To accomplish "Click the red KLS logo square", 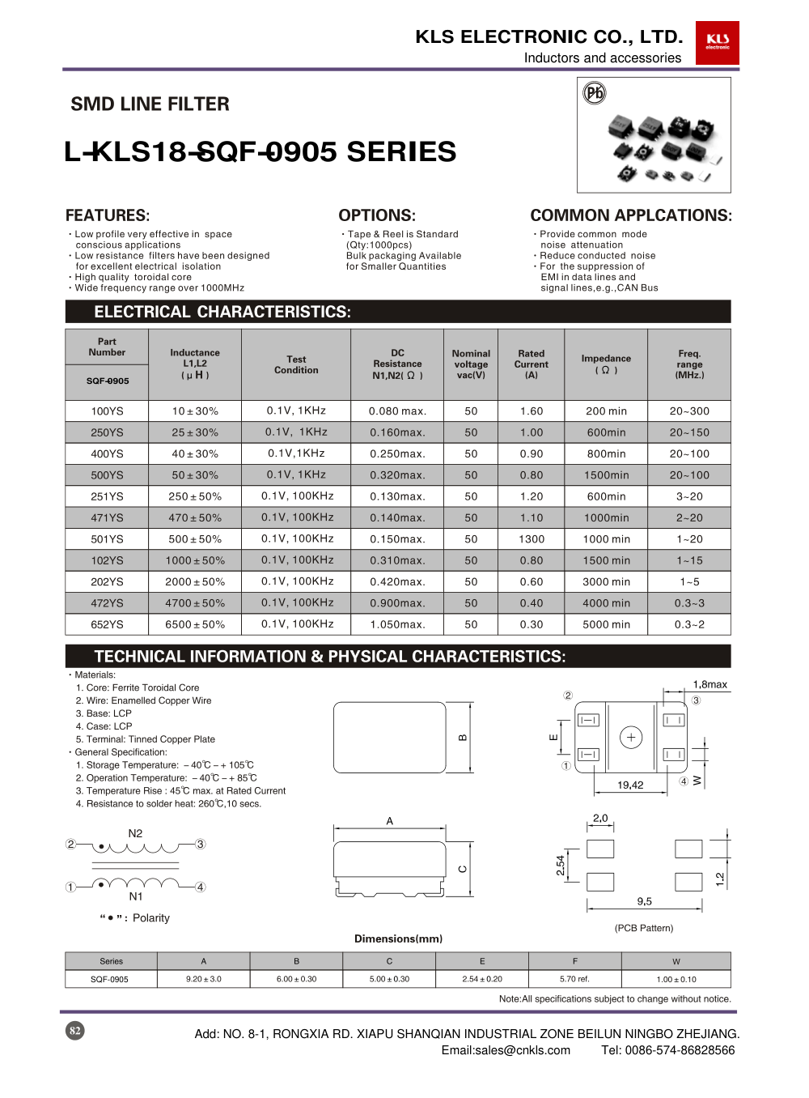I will (x=717, y=42).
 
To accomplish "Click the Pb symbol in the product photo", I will (x=595, y=93).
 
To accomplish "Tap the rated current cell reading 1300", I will (x=532, y=539).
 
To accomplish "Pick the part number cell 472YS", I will (x=107, y=603).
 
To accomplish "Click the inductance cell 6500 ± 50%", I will (x=195, y=624).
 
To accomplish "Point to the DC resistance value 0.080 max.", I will (x=397, y=411).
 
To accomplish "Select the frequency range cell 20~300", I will (x=689, y=411).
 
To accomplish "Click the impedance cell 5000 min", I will (x=606, y=624).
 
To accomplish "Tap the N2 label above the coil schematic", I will (x=135, y=833).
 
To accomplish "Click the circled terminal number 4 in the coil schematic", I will (x=201, y=887).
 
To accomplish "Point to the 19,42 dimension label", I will (x=630, y=785).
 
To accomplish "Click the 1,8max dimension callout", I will (x=709, y=684).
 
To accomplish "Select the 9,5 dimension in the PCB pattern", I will (x=644, y=901).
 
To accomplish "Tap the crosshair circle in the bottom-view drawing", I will (x=631, y=737).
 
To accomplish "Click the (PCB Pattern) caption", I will (x=644, y=928).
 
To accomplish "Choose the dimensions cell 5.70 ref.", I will (x=574, y=979).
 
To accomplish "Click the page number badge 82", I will (x=75, y=1031).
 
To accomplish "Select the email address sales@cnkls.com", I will (x=506, y=1050).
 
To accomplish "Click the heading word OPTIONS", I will (x=377, y=215).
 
